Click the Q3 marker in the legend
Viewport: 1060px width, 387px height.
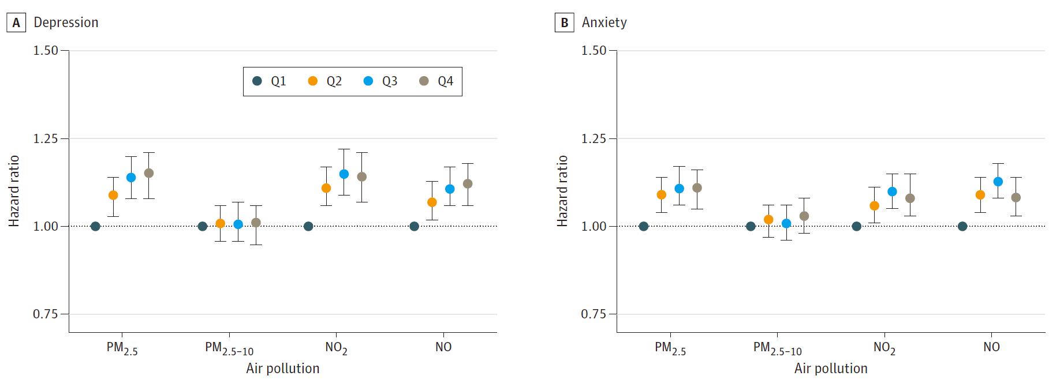coord(368,81)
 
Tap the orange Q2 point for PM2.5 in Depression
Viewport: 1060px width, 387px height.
coord(113,195)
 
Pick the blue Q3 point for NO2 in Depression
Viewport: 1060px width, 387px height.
coord(344,174)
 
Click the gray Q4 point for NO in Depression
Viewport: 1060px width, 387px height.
coord(468,183)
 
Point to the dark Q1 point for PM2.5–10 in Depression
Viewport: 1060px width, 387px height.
coord(203,226)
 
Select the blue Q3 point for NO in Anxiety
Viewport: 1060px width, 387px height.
coord(998,181)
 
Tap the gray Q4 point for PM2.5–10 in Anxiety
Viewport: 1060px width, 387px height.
coord(804,216)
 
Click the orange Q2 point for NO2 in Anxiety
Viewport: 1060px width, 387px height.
coord(874,205)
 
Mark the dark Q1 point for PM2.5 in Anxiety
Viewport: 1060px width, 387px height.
coord(644,226)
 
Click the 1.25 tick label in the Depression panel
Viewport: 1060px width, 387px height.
coord(47,138)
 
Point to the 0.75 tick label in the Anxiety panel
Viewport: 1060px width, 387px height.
coord(594,314)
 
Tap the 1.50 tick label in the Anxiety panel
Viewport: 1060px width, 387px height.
coord(594,50)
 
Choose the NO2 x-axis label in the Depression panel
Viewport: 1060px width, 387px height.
coord(336,348)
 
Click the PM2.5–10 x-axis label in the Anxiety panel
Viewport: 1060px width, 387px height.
coord(777,348)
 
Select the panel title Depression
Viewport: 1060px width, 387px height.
coord(66,22)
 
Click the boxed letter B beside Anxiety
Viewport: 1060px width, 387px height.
coord(564,22)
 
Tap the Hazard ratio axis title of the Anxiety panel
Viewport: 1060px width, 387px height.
coord(562,191)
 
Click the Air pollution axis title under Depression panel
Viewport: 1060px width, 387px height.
coord(282,369)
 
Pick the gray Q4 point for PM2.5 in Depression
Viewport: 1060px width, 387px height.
coord(148,173)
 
